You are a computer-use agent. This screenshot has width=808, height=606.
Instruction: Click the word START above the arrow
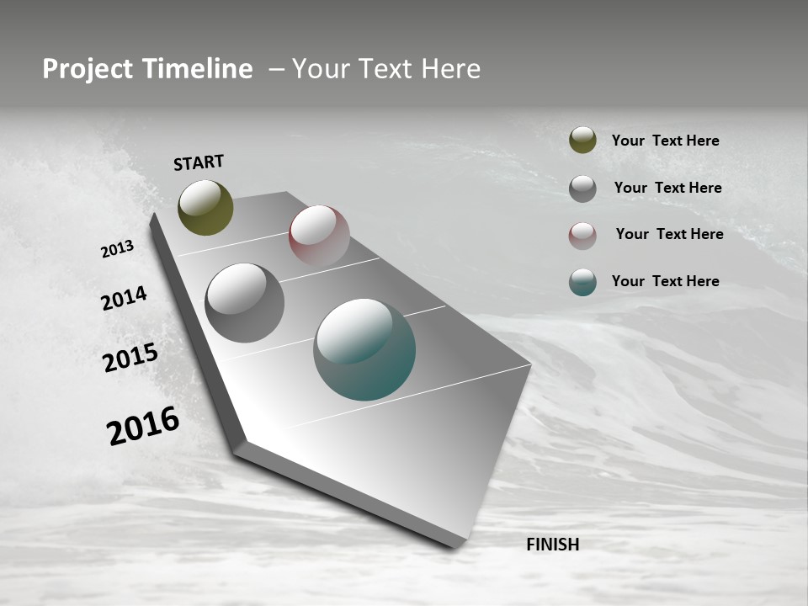(x=199, y=162)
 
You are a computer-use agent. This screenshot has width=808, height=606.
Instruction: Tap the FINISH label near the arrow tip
(x=552, y=545)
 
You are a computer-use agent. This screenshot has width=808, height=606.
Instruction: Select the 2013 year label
(x=117, y=249)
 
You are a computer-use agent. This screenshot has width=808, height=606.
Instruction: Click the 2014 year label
(x=124, y=298)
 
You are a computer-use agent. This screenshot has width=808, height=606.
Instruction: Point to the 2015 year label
(x=130, y=358)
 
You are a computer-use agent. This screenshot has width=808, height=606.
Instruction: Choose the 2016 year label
(x=143, y=426)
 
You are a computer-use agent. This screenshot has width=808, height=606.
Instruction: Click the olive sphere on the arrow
(x=205, y=207)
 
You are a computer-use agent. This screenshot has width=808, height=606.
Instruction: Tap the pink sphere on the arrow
(x=319, y=236)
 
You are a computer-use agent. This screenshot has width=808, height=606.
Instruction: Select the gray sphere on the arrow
(x=244, y=302)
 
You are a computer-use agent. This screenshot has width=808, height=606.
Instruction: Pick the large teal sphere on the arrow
(x=364, y=349)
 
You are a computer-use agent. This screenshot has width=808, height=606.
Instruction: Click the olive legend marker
(x=582, y=141)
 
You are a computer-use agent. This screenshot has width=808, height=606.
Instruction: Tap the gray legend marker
(x=582, y=189)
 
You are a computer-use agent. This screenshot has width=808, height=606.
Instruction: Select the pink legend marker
(x=582, y=236)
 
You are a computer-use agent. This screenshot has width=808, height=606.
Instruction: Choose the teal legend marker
(x=582, y=282)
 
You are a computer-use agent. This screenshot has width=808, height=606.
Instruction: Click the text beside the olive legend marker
(x=665, y=141)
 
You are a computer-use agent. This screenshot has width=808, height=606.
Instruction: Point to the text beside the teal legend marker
(x=665, y=281)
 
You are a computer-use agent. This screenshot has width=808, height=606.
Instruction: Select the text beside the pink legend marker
(x=669, y=234)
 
